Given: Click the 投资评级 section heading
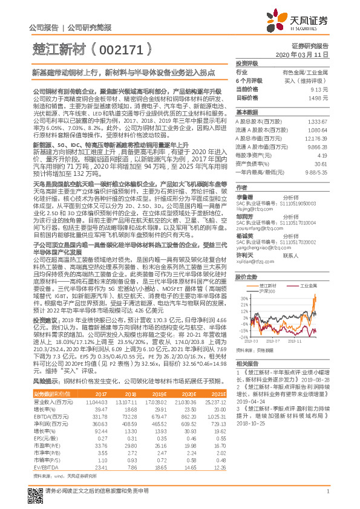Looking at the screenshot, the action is (247, 63).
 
